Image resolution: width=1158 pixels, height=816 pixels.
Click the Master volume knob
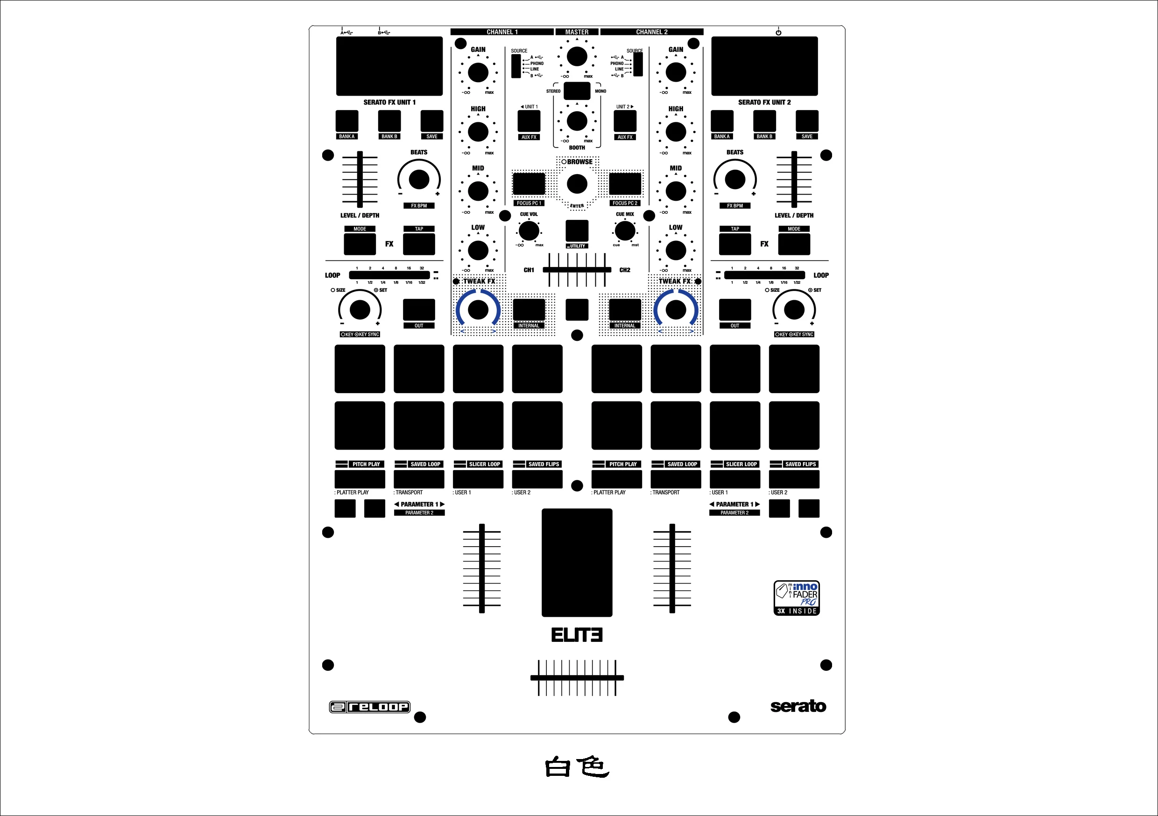[x=577, y=56]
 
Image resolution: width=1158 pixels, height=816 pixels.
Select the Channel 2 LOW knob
[x=676, y=250]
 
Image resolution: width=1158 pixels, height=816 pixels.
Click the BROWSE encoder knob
[x=577, y=184]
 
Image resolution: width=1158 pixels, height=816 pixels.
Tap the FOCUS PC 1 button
[x=529, y=184]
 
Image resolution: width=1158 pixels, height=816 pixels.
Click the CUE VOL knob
[x=529, y=231]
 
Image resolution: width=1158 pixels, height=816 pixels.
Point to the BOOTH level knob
[x=577, y=121]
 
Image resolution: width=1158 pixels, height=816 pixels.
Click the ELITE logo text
[x=577, y=635]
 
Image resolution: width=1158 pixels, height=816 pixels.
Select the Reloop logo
[x=370, y=707]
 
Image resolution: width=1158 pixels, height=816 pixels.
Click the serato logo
[x=798, y=706]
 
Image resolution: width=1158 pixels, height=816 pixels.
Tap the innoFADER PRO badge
[x=797, y=598]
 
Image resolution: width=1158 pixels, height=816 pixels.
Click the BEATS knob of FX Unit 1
[x=419, y=179]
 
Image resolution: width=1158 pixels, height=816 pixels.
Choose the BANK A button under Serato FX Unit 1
[x=347, y=121]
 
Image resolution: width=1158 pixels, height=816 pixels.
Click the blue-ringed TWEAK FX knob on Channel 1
[x=478, y=310]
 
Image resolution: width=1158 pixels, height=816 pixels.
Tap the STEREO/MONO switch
[x=577, y=91]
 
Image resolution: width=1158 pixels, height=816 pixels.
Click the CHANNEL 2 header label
[x=652, y=32]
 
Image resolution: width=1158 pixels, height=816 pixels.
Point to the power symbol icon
[x=778, y=32]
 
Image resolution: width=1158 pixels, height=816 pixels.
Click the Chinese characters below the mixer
[x=577, y=767]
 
